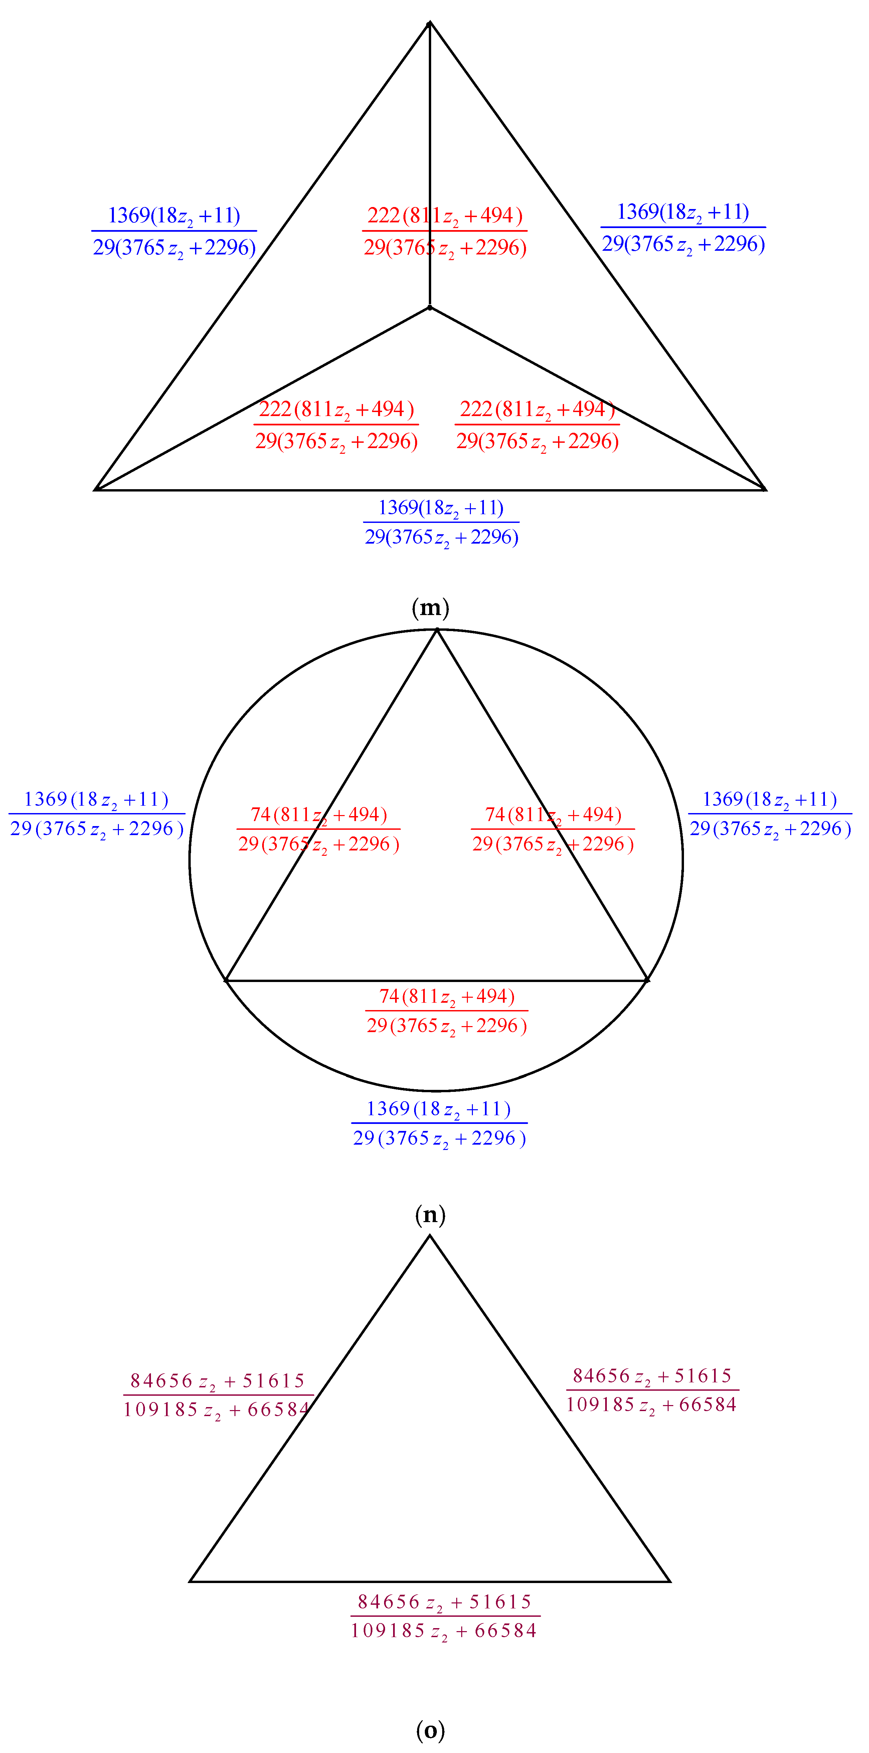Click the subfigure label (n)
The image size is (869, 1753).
pyautogui.click(x=430, y=1215)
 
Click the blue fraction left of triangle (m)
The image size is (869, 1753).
pyautogui.click(x=174, y=231)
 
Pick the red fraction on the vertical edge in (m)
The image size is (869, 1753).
pyautogui.click(x=445, y=231)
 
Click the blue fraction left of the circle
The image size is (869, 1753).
pyautogui.click(x=97, y=814)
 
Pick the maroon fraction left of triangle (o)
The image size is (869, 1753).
pyautogui.click(x=217, y=1395)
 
